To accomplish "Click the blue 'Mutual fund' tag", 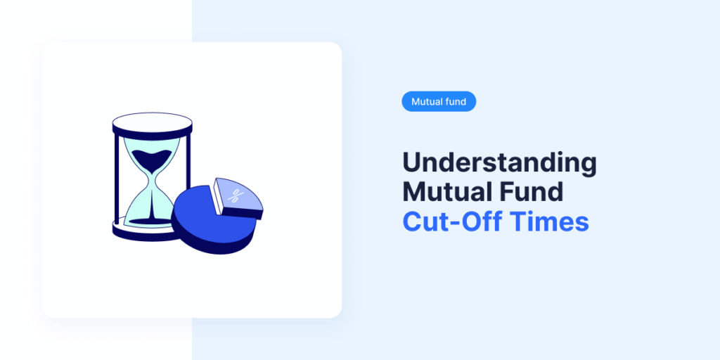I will click(x=439, y=102).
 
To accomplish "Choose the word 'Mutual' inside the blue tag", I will click(x=427, y=102).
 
